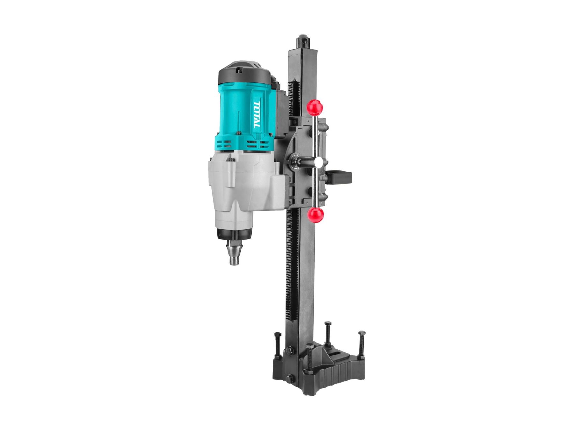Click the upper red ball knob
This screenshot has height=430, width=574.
pyautogui.click(x=315, y=108)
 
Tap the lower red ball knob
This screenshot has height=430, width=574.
pyautogui.click(x=316, y=215)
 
